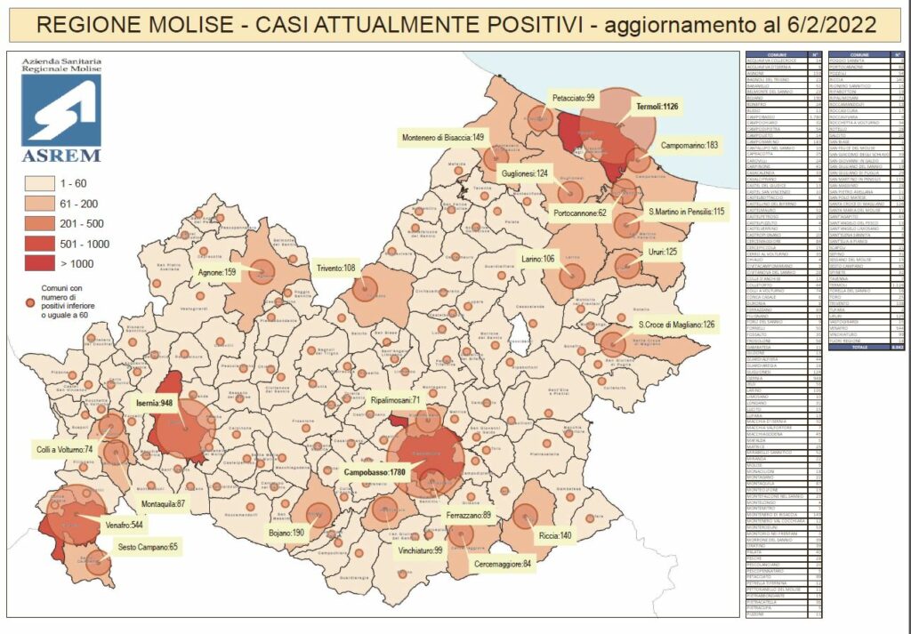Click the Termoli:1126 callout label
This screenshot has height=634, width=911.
click(x=658, y=107)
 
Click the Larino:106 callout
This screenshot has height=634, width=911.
click(x=539, y=259)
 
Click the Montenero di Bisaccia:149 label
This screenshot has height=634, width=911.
click(x=441, y=137)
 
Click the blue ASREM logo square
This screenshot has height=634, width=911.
click(x=60, y=108)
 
